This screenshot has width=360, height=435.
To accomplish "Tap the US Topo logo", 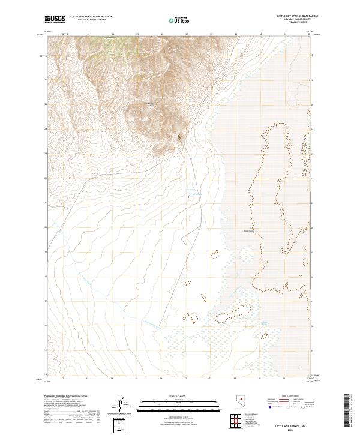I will pos(179,20).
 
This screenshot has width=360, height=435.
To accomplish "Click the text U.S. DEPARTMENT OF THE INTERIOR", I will pos(91,17).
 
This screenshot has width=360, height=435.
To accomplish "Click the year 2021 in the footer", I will pos(298,428).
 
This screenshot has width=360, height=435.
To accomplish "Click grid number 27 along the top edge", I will pos(186,35).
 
